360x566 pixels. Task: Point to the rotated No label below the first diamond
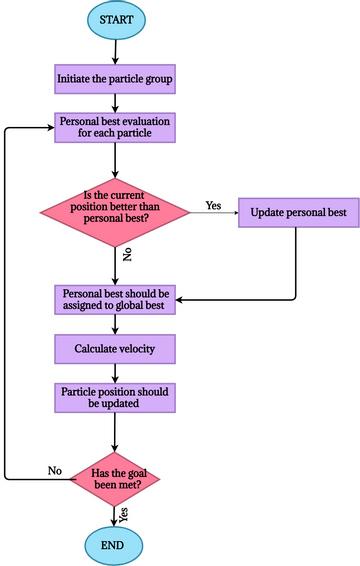pos(127,256)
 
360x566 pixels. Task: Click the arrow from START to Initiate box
pos(116,51)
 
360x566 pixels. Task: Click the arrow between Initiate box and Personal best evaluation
pos(116,101)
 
